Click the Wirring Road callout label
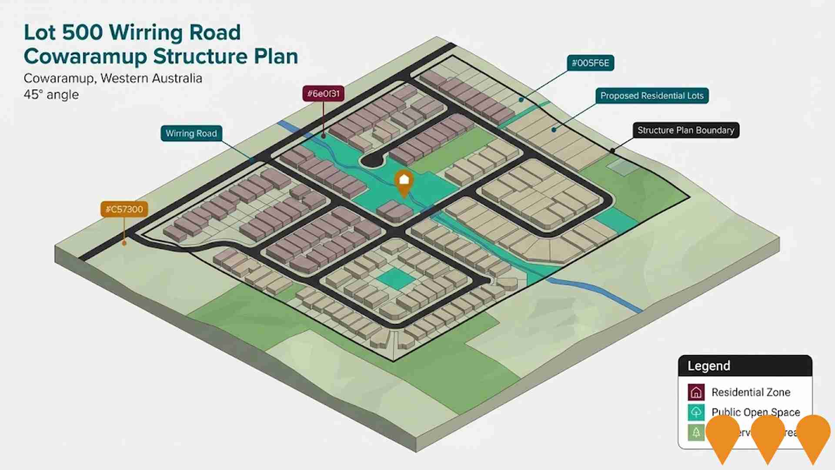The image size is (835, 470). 191,134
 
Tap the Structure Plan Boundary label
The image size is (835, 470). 685,130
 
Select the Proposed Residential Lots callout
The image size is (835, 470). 651,96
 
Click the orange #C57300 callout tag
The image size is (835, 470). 124,209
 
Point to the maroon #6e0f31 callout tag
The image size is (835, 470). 323,94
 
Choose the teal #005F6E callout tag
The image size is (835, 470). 590,63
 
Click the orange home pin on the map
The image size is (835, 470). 404,182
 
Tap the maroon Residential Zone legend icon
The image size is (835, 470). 696,392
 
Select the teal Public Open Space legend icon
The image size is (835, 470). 696,412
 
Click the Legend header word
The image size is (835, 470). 708,366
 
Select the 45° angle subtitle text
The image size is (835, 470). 51,95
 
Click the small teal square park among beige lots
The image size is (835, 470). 395,279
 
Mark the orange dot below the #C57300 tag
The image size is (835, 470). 124,243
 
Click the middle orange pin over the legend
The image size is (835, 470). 768,435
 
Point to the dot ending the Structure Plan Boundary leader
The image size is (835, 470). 612,151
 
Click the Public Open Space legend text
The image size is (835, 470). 755,412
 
